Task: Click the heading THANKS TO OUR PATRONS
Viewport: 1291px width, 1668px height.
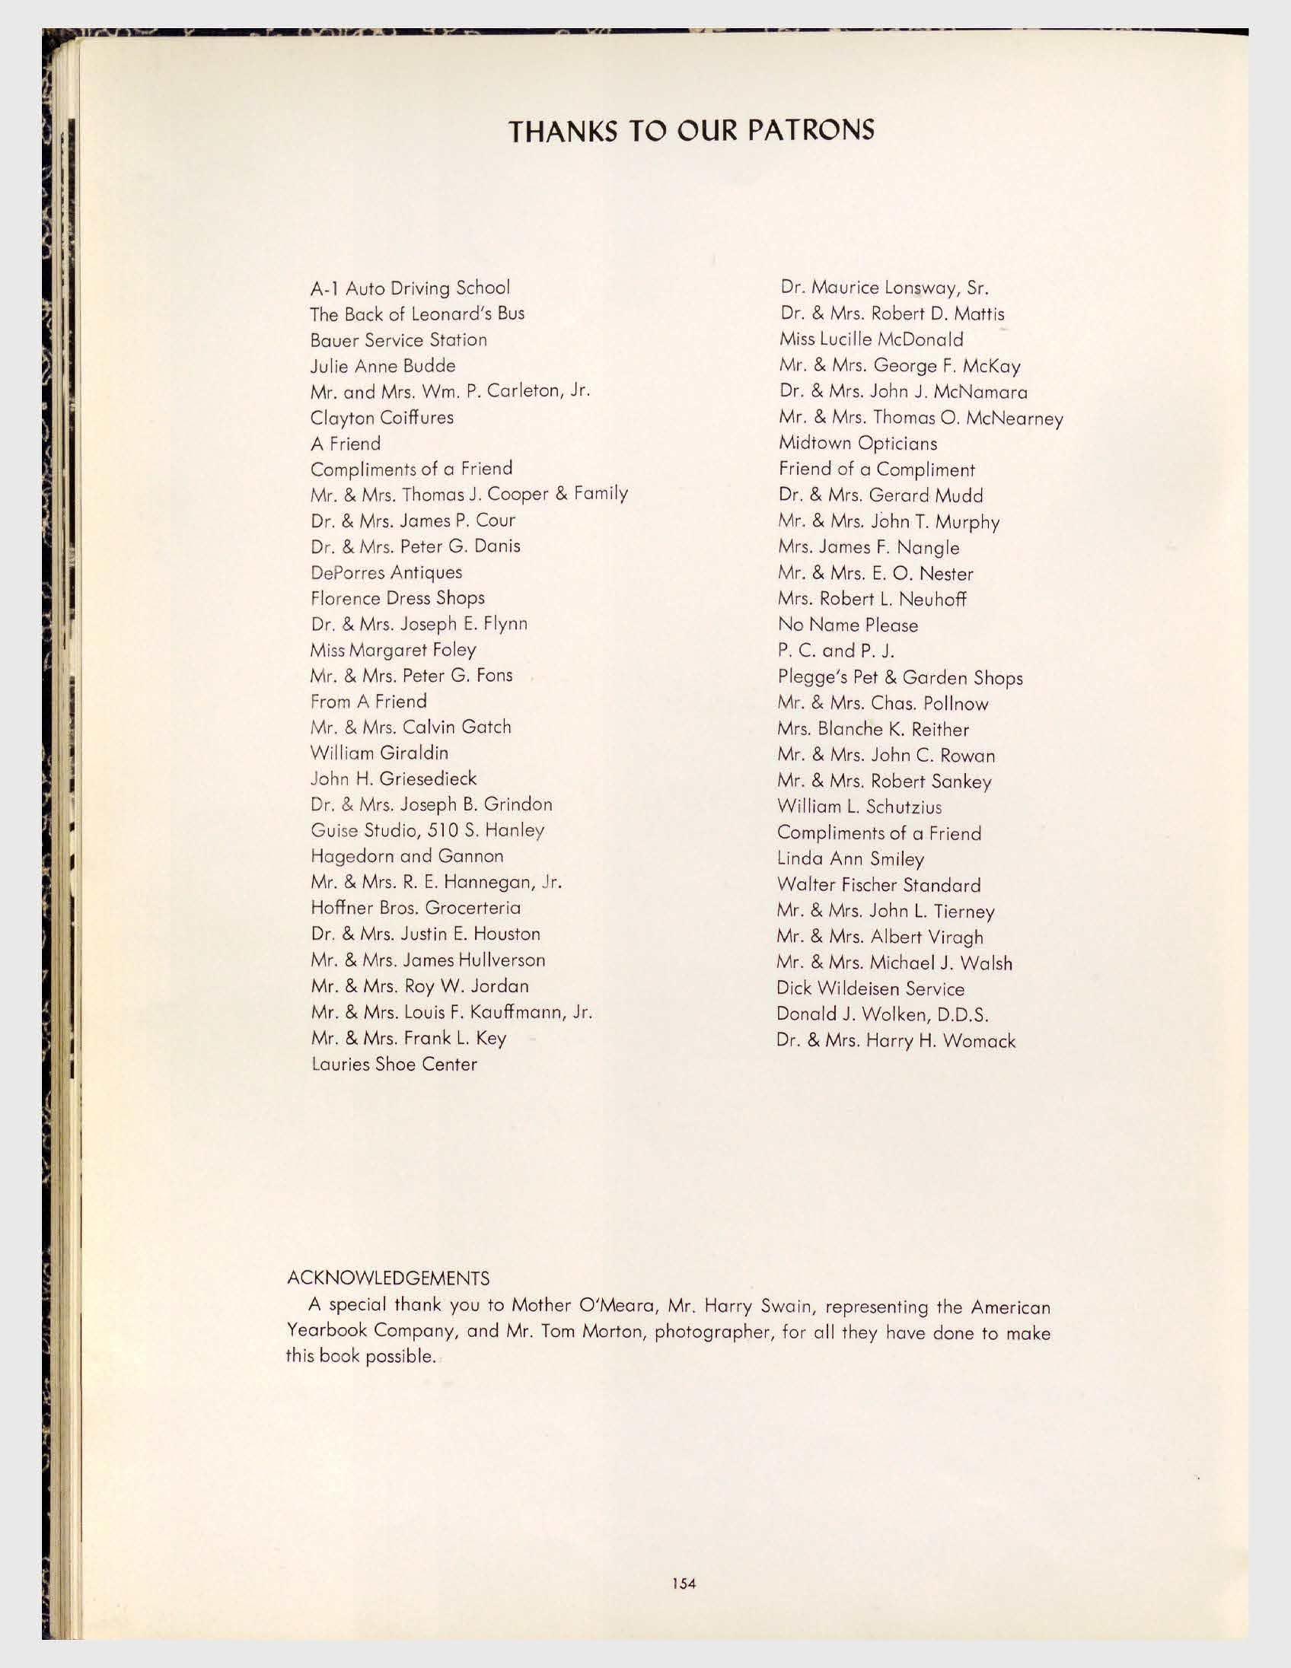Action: click(691, 131)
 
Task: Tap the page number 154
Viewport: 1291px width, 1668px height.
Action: click(684, 1584)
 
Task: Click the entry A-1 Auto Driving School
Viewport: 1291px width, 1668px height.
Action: click(410, 288)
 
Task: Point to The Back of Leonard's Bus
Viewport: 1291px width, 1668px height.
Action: click(417, 314)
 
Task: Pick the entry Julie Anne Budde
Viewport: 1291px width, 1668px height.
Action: click(383, 366)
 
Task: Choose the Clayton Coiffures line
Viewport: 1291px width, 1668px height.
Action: click(382, 418)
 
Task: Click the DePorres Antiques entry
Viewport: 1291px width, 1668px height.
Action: click(386, 572)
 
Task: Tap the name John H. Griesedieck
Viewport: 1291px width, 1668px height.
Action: click(394, 778)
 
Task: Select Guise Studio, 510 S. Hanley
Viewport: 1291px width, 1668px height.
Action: click(428, 830)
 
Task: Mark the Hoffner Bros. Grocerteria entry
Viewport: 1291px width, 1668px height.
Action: click(416, 908)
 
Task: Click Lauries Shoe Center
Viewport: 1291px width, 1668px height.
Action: click(394, 1064)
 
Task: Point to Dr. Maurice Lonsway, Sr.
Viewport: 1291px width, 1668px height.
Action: click(885, 288)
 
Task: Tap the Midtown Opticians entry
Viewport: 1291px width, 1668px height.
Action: click(858, 443)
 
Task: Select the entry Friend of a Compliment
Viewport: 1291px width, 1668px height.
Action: click(877, 469)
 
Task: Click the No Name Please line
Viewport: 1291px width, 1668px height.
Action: click(848, 625)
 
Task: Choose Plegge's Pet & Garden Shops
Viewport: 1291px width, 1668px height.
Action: click(900, 677)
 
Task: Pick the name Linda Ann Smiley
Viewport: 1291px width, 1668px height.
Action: click(850, 859)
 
